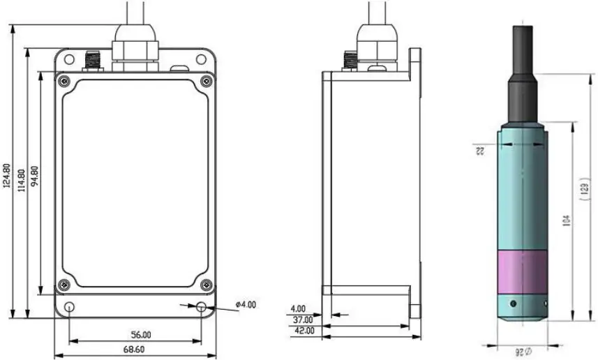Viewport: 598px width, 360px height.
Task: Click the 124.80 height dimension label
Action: pos(6,177)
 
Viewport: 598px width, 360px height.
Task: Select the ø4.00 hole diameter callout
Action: pos(246,304)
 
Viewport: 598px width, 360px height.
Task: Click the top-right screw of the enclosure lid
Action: pos(205,81)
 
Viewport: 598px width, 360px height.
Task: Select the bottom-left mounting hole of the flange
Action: pos(69,307)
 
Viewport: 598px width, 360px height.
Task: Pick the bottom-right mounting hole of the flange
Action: pos(201,307)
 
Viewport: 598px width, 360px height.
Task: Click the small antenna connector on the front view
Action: pos(90,61)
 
